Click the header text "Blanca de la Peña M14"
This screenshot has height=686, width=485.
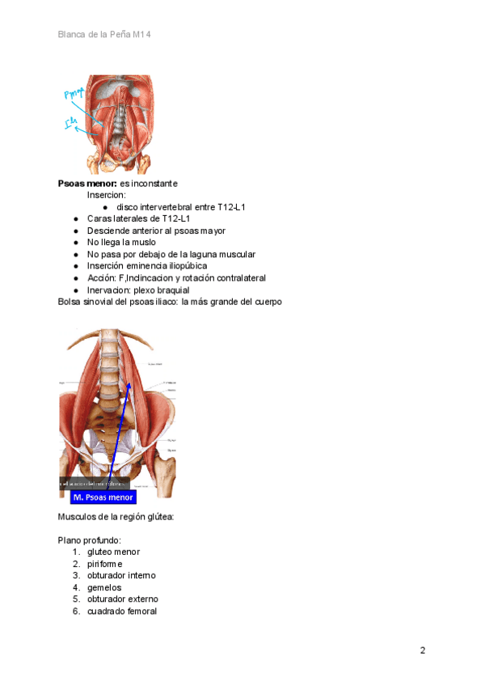(x=104, y=35)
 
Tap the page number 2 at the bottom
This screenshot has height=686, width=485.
(x=422, y=650)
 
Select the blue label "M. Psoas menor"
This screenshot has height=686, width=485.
(x=103, y=498)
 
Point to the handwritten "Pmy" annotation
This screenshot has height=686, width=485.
(x=75, y=96)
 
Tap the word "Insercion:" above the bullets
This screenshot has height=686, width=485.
(x=106, y=195)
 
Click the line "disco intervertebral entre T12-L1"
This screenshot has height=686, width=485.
(x=180, y=207)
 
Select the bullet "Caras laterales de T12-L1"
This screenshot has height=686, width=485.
(x=138, y=218)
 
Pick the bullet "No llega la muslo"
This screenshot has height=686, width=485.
(x=121, y=242)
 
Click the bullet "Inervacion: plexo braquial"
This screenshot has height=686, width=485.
(x=137, y=290)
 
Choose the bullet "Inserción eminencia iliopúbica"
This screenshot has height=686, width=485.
(x=146, y=266)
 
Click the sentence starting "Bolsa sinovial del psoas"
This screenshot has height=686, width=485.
(x=170, y=302)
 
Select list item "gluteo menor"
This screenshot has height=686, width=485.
(x=113, y=552)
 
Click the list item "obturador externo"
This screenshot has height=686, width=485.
(x=122, y=599)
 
